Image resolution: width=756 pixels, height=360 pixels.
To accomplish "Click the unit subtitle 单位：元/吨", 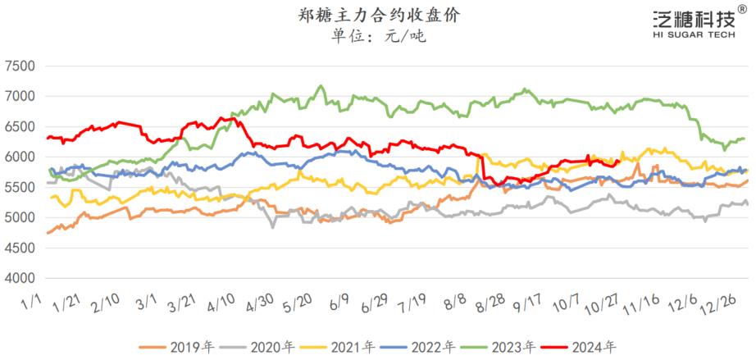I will point(378,36).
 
